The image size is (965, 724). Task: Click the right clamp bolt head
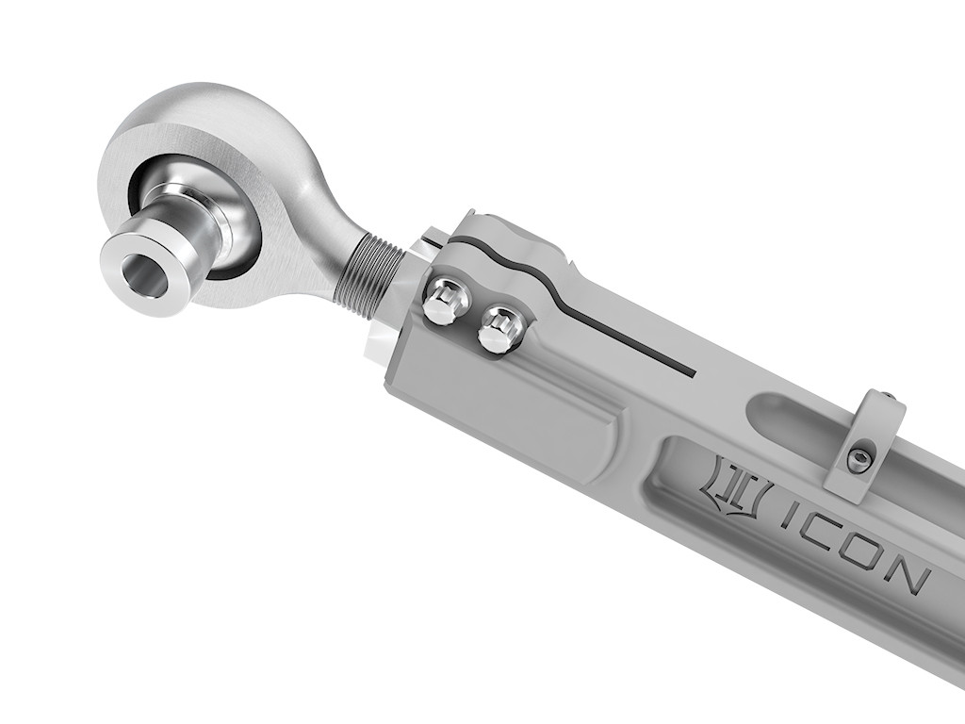pyautogui.click(x=500, y=329)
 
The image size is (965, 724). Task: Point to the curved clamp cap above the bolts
pyautogui.click(x=509, y=247)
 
